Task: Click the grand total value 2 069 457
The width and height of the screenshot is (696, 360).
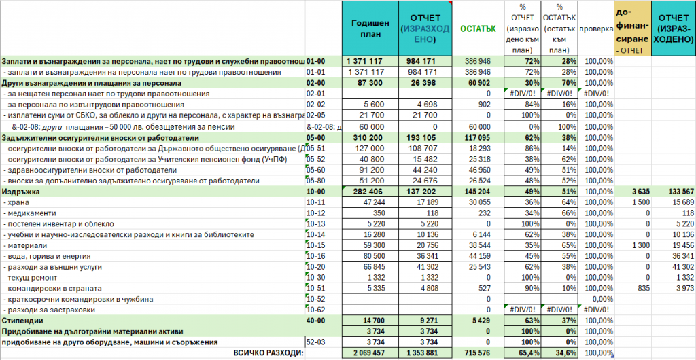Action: point(366,354)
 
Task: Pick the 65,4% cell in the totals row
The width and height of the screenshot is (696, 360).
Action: point(527,354)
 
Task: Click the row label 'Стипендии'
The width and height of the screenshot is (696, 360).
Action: point(24,320)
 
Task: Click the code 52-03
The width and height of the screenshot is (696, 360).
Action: point(317,342)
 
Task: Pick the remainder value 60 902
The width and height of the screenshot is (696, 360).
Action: point(479,82)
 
